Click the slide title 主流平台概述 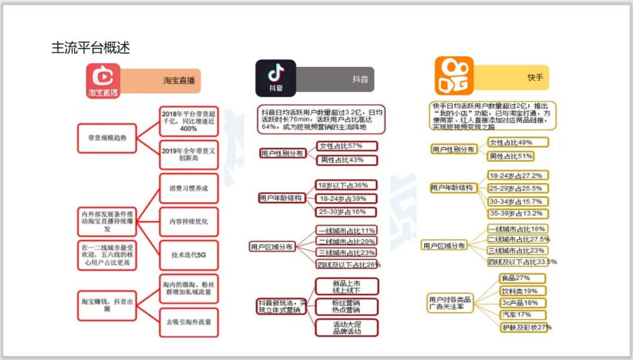coord(90,47)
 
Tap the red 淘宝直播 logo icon coord(103,81)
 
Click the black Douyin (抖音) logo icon coord(275,78)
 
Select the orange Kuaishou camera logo coord(454,76)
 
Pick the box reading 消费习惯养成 coord(189,189)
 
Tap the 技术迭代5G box coord(189,256)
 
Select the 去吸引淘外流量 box coord(189,322)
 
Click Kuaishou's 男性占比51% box coord(511,156)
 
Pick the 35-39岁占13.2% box coord(519,213)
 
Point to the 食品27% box coord(522,278)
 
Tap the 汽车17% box coord(522,315)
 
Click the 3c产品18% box coord(522,303)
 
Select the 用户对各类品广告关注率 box coord(450,303)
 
